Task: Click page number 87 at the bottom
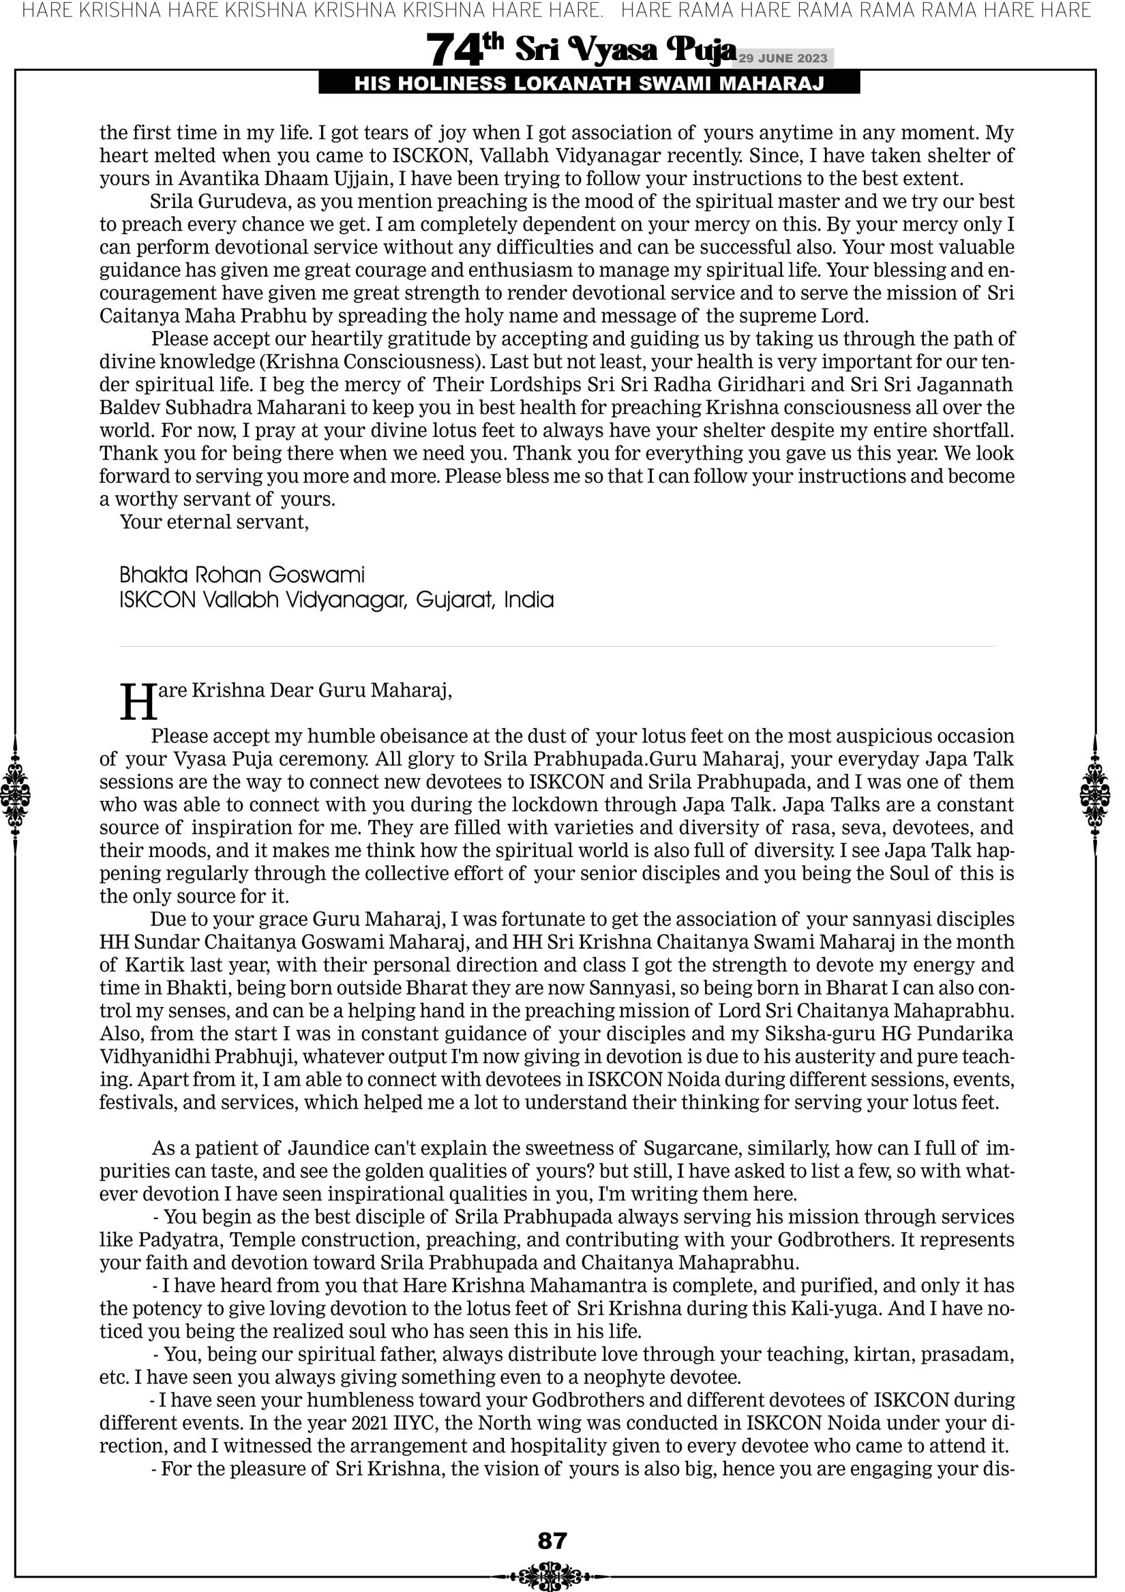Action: pyautogui.click(x=552, y=1541)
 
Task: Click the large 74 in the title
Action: pyautogui.click(x=454, y=50)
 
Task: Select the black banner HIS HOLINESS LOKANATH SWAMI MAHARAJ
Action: pyautogui.click(x=589, y=84)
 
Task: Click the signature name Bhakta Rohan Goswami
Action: pyautogui.click(x=242, y=575)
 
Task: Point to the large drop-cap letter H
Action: pyautogui.click(x=138, y=702)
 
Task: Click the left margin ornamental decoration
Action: pyautogui.click(x=16, y=794)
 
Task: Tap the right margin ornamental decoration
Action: pyautogui.click(x=1096, y=794)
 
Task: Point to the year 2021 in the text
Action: pyautogui.click(x=370, y=1424)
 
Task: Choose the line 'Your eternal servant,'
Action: pyautogui.click(x=214, y=522)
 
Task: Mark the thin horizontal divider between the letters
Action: pyautogui.click(x=557, y=646)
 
